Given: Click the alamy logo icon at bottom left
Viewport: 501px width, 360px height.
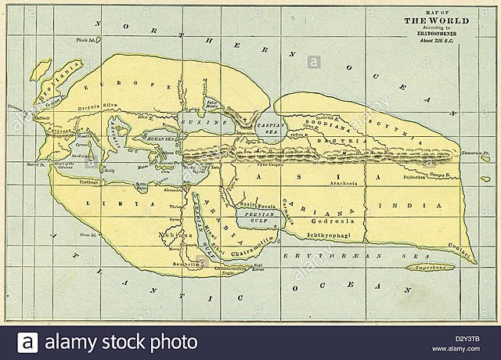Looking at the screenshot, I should click(x=28, y=342).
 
